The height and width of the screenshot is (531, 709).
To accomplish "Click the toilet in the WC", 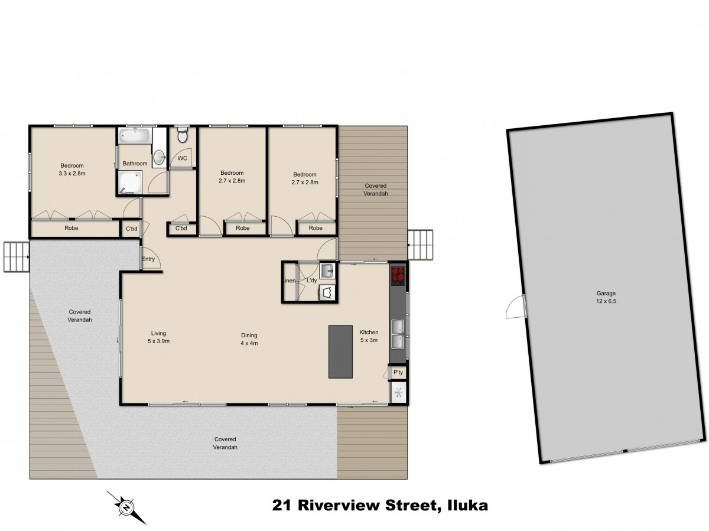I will tap(183, 135).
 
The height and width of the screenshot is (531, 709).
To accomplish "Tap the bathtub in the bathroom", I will tap(135, 135).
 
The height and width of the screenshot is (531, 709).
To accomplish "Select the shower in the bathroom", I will tap(129, 183).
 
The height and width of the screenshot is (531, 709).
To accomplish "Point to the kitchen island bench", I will tap(340, 351).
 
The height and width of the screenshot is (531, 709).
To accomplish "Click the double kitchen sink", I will tap(398, 334).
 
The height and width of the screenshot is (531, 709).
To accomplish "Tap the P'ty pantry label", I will tap(398, 373).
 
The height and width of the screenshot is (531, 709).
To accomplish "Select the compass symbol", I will tap(126, 507).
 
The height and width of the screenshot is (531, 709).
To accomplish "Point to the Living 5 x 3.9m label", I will tap(158, 337).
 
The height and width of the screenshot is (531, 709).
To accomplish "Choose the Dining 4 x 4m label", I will tap(249, 339).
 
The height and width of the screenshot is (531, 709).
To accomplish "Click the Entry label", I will tap(148, 259).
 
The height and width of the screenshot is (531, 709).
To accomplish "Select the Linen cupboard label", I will tap(290, 281).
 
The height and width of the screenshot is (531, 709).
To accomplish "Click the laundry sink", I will tap(327, 271).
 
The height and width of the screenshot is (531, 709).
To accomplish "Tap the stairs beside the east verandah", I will tap(421, 245).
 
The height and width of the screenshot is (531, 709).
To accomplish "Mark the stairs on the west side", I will tap(15, 257).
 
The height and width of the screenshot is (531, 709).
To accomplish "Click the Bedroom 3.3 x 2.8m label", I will tap(72, 170).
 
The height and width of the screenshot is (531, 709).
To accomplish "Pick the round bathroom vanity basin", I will tap(158, 157).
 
